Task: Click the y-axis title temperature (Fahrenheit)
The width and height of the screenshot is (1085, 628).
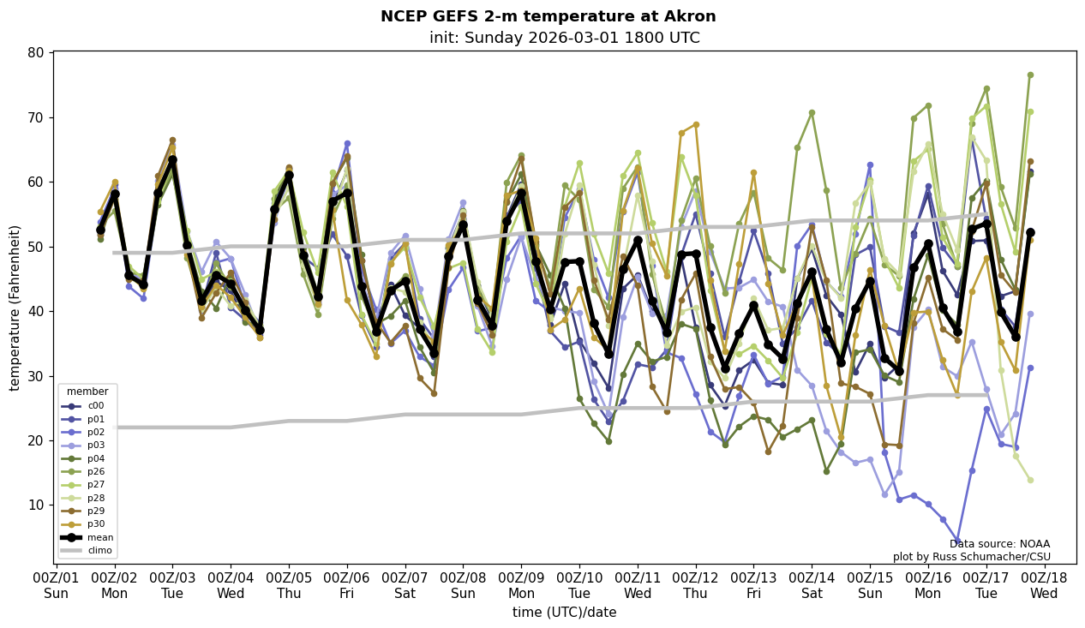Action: [x=15, y=308]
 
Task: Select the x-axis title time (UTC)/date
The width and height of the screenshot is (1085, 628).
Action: [x=564, y=613]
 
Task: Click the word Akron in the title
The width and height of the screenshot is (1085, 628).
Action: [x=694, y=17]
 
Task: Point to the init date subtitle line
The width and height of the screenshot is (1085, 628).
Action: [x=564, y=39]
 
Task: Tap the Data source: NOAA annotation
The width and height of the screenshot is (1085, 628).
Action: [x=999, y=544]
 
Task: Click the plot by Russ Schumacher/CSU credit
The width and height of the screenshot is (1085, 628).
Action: [x=971, y=557]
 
